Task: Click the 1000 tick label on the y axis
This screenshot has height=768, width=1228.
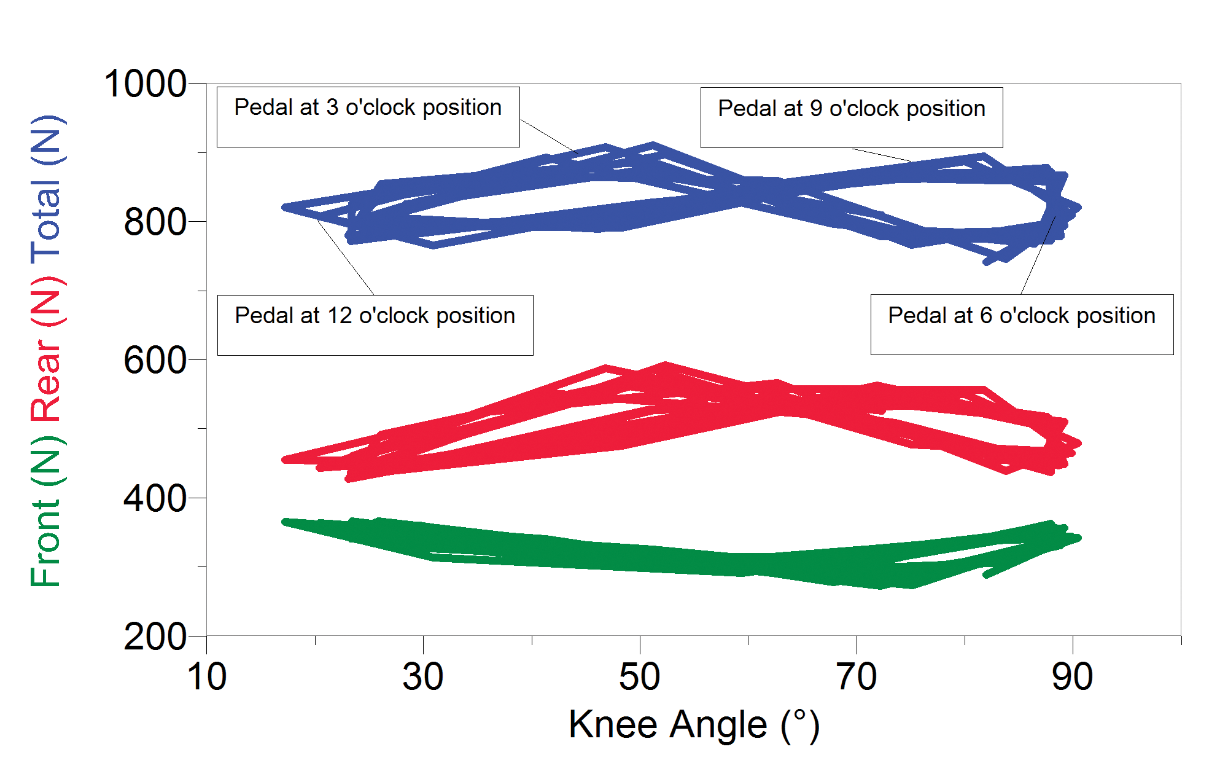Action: (145, 84)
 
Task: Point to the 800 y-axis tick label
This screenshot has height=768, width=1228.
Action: (155, 222)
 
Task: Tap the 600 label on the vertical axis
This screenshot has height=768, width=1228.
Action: (155, 360)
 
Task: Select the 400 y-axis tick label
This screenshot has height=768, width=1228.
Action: (155, 498)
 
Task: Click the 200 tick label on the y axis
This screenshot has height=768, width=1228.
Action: (155, 637)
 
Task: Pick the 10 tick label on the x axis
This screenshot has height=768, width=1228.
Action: (207, 677)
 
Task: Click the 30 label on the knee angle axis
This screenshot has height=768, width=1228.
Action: (423, 677)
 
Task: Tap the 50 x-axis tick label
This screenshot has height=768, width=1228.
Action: (640, 677)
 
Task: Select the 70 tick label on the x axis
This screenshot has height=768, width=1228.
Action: (857, 677)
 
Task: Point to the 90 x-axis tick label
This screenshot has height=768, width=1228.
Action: (1073, 677)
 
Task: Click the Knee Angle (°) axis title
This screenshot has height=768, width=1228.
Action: (694, 725)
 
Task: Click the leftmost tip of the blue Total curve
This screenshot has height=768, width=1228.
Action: (284, 208)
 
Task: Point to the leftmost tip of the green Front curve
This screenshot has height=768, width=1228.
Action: (284, 522)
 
